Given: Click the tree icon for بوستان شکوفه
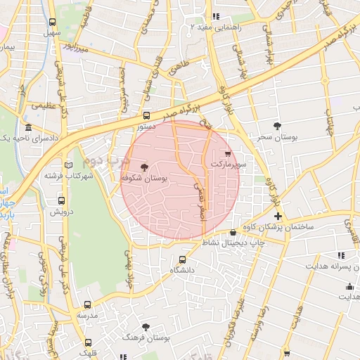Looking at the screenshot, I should click(145, 167).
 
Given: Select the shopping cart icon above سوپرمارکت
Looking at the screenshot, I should click(226, 153).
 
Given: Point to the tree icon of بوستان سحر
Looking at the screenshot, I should click(279, 125).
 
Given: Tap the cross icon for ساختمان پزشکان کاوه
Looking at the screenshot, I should click(278, 216).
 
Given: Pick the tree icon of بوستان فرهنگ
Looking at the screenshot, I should click(146, 327).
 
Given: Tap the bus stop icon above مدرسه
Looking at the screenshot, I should click(87, 305).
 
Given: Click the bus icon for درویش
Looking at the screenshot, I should click(61, 200).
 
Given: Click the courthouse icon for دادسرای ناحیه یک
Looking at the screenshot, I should click(28, 128).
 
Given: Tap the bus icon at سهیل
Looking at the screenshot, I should click(53, 22).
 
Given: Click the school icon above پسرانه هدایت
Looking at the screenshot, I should click(342, 256).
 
